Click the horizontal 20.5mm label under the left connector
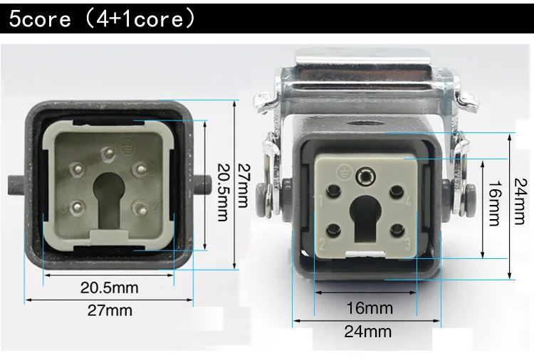pos(110,288)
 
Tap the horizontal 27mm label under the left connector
pos(110,310)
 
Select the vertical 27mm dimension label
pos(244,186)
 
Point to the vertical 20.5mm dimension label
pos(223,192)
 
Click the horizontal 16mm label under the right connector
pos(370,308)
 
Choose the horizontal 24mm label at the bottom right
pos(368,331)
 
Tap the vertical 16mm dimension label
pos(495,203)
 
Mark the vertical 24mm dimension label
pos(520,201)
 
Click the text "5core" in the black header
pos(40,18)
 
